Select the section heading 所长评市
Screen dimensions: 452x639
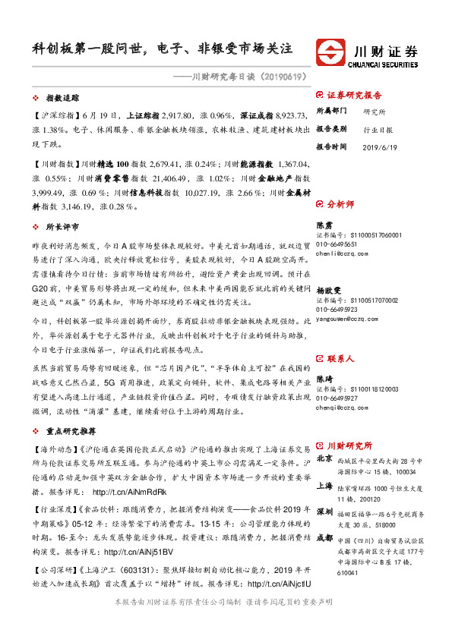(62, 227)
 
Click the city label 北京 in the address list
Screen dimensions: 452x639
(324, 459)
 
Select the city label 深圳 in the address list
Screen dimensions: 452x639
(324, 511)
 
